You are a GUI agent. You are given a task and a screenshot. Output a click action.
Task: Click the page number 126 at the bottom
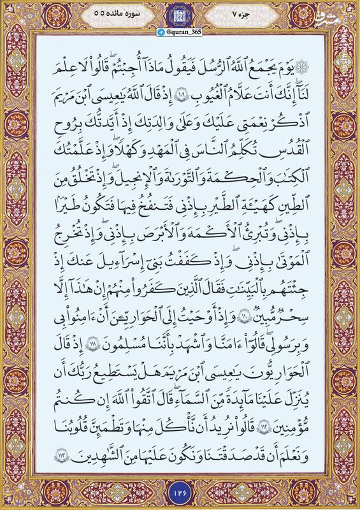pyautogui.click(x=180, y=490)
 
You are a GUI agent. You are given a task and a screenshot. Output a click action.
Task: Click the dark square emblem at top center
pyautogui.click(x=180, y=13)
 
